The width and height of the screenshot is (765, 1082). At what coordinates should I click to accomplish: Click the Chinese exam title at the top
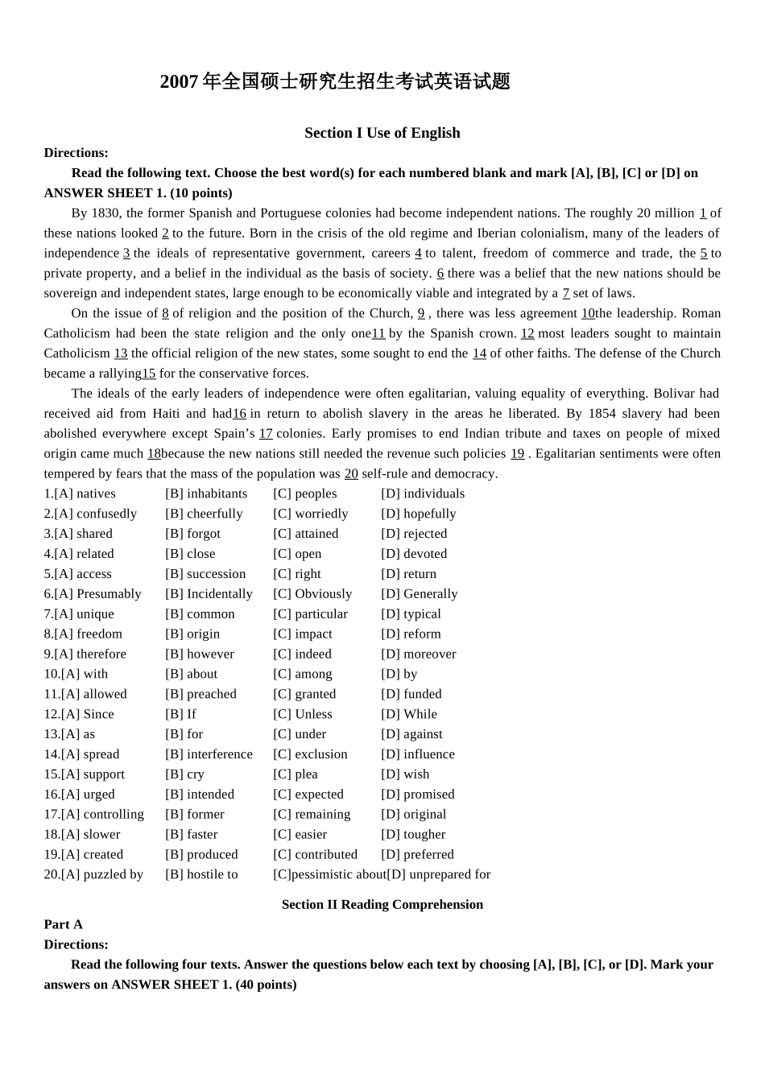point(335,81)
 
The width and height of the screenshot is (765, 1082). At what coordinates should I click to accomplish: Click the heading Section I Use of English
point(382,133)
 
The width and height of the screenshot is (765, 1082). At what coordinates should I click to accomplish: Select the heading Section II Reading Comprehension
point(382,904)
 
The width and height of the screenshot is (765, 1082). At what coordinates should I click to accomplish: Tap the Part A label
point(63,924)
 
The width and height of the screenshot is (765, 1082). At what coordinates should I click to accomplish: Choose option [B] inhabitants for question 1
point(206,494)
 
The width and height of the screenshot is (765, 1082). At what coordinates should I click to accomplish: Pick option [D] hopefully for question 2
point(418,514)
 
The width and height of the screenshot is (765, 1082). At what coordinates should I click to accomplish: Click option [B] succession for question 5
point(205,574)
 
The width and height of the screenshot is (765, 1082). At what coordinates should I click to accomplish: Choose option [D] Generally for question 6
point(419,594)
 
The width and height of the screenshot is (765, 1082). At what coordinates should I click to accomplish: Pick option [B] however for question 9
point(200,655)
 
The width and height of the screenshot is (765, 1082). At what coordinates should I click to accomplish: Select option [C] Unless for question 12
point(302,714)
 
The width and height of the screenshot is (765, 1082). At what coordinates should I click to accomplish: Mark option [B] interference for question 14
point(209,754)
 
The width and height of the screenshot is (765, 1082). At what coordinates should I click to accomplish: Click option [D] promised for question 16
point(417,795)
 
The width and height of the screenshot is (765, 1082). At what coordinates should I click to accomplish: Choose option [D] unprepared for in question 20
point(439,874)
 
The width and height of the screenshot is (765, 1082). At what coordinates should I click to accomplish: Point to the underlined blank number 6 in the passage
point(440,274)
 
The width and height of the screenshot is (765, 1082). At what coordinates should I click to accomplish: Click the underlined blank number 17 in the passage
point(266,434)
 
